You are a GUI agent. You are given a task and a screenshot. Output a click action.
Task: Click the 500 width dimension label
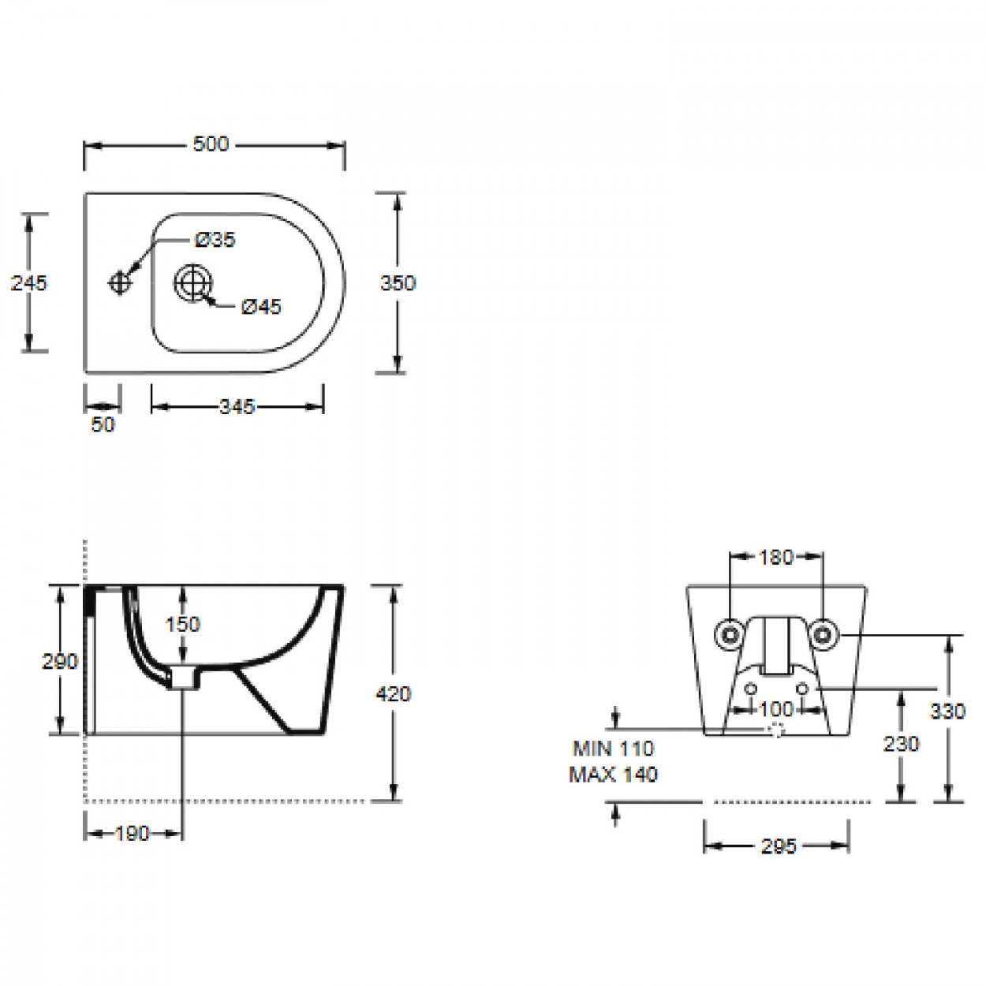click(x=211, y=144)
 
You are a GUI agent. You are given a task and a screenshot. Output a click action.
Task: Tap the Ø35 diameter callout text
click(x=215, y=240)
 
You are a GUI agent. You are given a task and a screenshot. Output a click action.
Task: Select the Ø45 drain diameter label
click(x=261, y=307)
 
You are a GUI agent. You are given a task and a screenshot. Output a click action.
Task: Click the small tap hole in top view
click(x=120, y=282)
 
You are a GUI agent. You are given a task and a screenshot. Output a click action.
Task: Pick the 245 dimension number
click(x=29, y=282)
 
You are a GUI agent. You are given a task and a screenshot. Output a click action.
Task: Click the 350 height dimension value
click(x=398, y=283)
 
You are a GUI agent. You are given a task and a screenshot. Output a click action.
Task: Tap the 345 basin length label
click(x=237, y=407)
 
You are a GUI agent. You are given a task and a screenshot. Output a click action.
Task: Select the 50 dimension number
click(x=103, y=424)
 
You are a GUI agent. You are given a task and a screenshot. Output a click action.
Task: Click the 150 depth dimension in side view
click(x=183, y=624)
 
